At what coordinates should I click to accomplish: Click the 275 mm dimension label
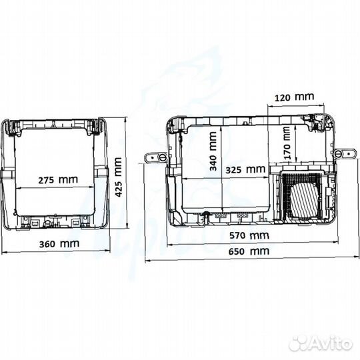click(58, 179)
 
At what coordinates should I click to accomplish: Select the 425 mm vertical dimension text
click(118, 177)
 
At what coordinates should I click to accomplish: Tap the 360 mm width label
click(59, 243)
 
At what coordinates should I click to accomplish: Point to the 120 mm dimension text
click(295, 97)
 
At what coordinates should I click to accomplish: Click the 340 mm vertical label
click(213, 151)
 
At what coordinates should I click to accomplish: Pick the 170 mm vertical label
click(287, 143)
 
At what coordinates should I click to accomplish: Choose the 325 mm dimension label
click(245, 170)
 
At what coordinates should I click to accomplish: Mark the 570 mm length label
click(249, 235)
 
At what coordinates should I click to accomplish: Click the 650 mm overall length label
click(249, 251)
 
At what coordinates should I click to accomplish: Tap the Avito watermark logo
click(321, 344)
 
